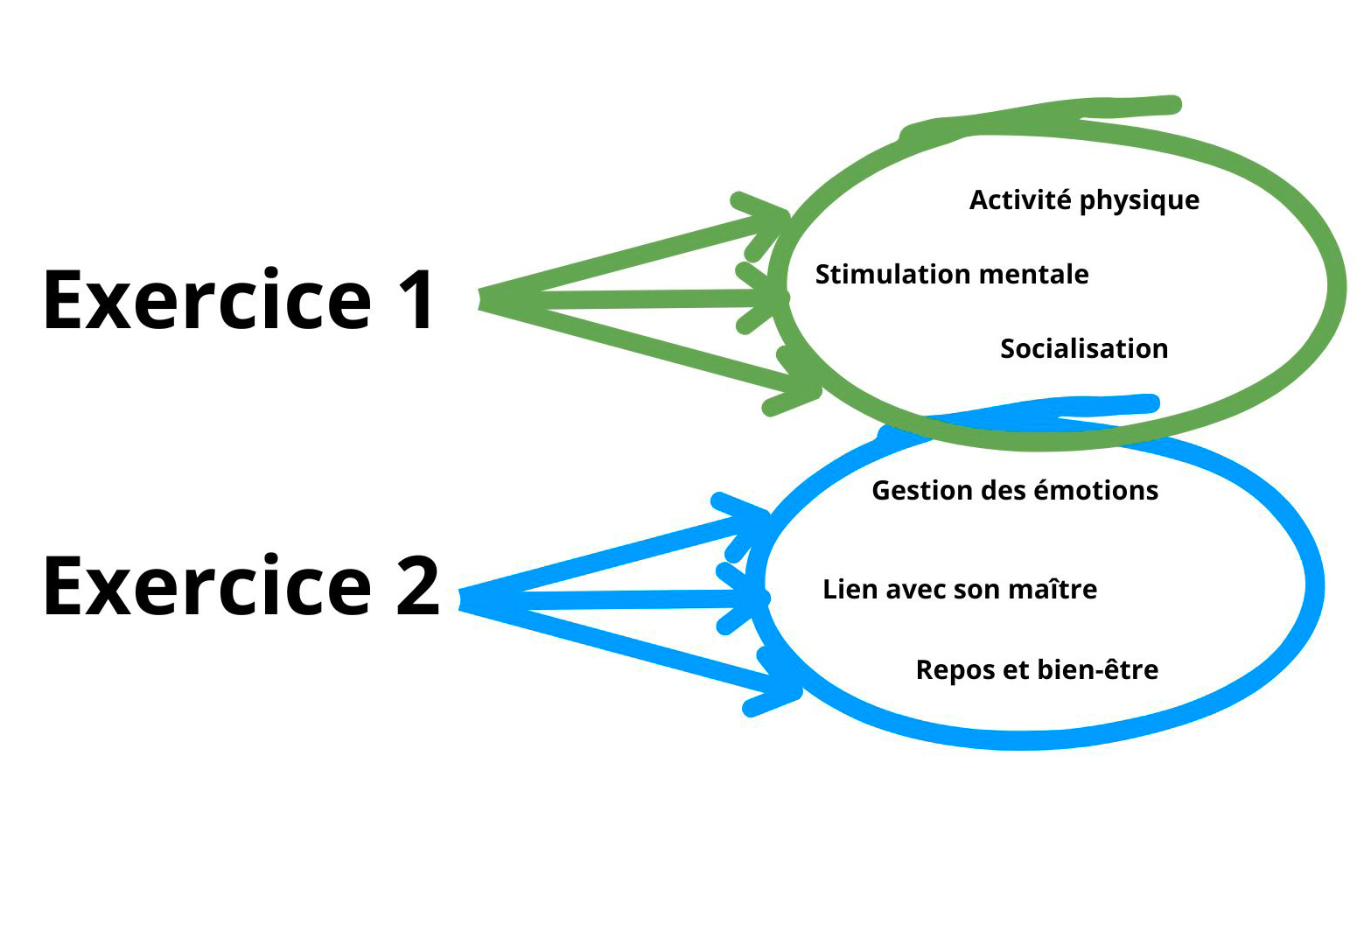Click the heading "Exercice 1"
point(239,300)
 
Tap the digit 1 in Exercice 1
point(416,300)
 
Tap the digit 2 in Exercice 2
point(417,586)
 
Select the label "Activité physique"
point(1084,200)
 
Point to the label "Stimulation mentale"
point(952,275)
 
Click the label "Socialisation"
point(1084,349)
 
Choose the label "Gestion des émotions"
point(1015,491)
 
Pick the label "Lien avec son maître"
point(960,590)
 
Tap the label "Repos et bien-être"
point(1037,670)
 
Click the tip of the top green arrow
point(785,214)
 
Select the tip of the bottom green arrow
point(817,391)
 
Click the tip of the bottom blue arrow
point(797,692)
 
